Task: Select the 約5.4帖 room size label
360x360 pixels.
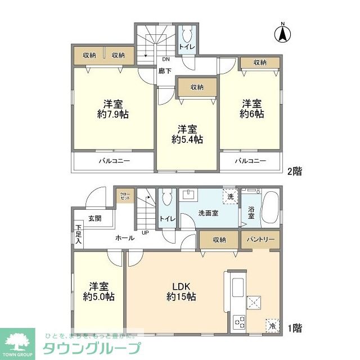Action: (x=187, y=139)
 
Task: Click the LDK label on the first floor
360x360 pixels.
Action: (x=181, y=285)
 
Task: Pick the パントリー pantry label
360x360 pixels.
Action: (x=259, y=240)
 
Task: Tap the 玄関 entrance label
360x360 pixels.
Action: (x=94, y=218)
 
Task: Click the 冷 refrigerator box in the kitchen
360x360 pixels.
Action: (x=272, y=326)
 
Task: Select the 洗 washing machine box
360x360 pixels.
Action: (x=230, y=196)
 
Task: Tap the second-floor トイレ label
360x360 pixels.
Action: (x=187, y=47)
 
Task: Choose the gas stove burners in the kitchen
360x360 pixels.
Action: (x=238, y=322)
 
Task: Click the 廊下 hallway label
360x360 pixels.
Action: (x=164, y=71)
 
